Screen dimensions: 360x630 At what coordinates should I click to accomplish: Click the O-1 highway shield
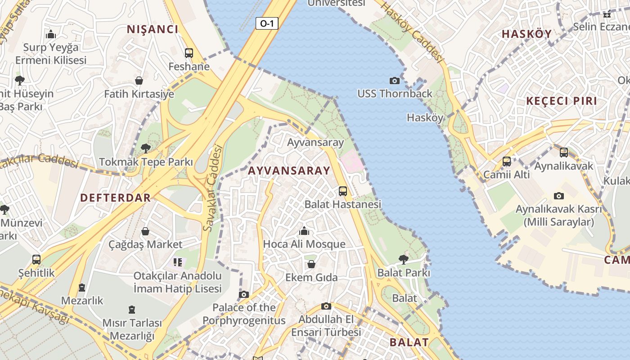click(267, 23)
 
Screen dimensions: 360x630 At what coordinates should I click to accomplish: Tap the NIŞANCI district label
click(153, 30)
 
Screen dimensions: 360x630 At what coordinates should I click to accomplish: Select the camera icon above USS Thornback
click(395, 81)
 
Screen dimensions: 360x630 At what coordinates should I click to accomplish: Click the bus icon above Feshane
click(189, 53)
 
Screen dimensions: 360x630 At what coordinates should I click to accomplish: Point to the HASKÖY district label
click(526, 34)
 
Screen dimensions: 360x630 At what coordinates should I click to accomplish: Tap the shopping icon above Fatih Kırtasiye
click(139, 81)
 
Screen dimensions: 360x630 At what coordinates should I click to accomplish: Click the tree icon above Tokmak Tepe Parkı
click(145, 148)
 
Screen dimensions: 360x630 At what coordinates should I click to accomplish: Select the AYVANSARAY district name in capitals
click(289, 171)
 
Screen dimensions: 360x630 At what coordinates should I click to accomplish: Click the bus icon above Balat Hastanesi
click(343, 191)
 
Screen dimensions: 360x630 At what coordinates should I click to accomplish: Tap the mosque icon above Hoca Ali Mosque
click(304, 231)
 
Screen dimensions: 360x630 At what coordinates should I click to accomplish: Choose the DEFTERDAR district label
click(116, 198)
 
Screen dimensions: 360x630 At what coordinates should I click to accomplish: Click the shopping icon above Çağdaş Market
click(145, 231)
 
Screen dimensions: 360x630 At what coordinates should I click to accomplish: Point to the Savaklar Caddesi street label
click(213, 188)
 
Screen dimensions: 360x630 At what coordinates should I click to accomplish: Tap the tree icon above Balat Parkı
click(404, 259)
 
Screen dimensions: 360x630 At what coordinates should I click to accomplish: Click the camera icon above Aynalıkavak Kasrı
click(559, 196)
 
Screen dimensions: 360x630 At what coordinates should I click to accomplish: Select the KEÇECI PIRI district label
click(562, 101)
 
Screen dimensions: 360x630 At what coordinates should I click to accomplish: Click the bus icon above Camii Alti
click(507, 161)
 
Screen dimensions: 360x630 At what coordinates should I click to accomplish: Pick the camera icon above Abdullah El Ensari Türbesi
click(326, 306)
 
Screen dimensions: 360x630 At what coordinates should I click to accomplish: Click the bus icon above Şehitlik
click(36, 260)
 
